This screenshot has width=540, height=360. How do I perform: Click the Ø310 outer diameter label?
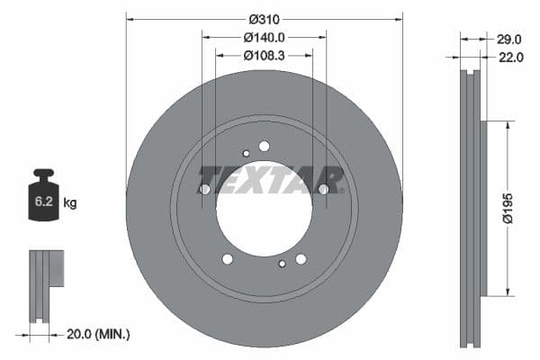(264, 19)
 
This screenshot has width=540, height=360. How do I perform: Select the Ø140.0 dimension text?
(264, 38)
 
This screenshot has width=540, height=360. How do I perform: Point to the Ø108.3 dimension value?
(264, 56)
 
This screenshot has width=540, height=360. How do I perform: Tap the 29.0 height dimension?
(509, 39)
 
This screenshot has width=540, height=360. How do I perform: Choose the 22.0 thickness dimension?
(509, 57)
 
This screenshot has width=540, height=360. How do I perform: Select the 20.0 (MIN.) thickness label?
(98, 334)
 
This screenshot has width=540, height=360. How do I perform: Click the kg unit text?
(70, 203)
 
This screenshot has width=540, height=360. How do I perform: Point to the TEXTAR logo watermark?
(270, 179)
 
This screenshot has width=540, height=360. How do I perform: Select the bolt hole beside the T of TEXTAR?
(204, 189)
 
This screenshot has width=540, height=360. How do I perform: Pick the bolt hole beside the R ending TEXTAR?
(324, 189)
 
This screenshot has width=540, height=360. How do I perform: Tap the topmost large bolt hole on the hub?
(264, 146)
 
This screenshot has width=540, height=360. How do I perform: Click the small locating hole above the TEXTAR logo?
(246, 154)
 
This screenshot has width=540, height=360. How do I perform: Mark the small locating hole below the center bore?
(283, 264)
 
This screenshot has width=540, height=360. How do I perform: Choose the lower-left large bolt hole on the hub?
(227, 259)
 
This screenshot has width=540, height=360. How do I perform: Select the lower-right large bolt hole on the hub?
(301, 259)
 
